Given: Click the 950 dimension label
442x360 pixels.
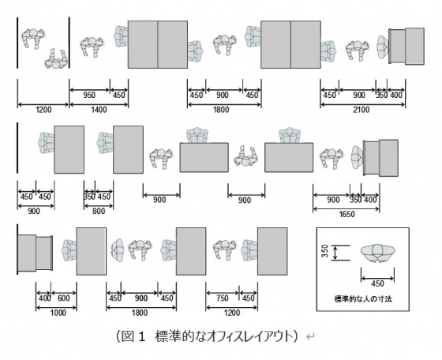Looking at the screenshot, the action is [x=89, y=95].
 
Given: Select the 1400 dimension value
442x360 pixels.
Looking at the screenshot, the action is [x=99, y=110].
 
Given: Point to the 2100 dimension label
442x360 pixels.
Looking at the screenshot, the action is [x=361, y=110].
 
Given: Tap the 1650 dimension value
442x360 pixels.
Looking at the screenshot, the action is [x=346, y=214].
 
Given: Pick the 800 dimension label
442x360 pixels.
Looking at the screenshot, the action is [x=99, y=211].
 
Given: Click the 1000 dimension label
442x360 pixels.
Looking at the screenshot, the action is [x=58, y=313].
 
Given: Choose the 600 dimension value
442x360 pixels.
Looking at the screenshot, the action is [x=63, y=298].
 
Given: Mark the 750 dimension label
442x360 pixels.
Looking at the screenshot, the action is [x=222, y=298].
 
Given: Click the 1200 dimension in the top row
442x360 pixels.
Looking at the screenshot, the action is [x=43, y=110].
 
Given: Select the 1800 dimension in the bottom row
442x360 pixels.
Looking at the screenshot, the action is [x=140, y=313].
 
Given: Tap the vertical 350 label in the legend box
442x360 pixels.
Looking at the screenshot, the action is [x=324, y=252].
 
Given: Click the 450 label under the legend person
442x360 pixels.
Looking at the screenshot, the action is [x=378, y=283].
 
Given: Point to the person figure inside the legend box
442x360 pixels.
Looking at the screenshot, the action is [x=378, y=253].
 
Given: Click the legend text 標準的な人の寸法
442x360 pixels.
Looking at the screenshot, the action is [x=363, y=299].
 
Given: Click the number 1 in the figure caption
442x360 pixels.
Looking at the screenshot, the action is [x=142, y=336].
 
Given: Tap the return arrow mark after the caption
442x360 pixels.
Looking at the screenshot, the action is [x=310, y=336].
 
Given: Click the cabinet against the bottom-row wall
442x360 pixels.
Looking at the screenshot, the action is [x=35, y=253].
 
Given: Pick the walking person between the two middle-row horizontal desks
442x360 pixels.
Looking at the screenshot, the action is [x=246, y=156].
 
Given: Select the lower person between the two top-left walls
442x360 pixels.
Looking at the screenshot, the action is [x=56, y=59].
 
